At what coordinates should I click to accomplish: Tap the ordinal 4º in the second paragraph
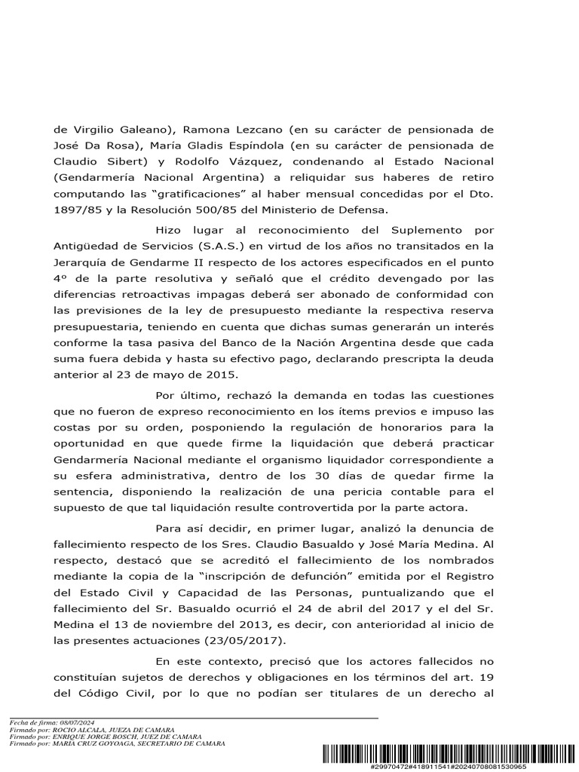[61, 277]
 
